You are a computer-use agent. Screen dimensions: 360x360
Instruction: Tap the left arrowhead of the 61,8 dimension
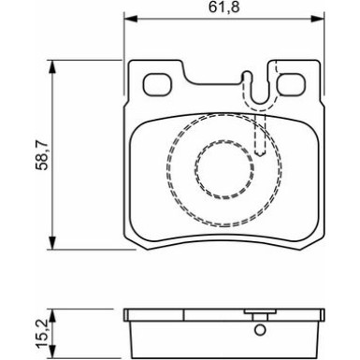pos(129,21)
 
